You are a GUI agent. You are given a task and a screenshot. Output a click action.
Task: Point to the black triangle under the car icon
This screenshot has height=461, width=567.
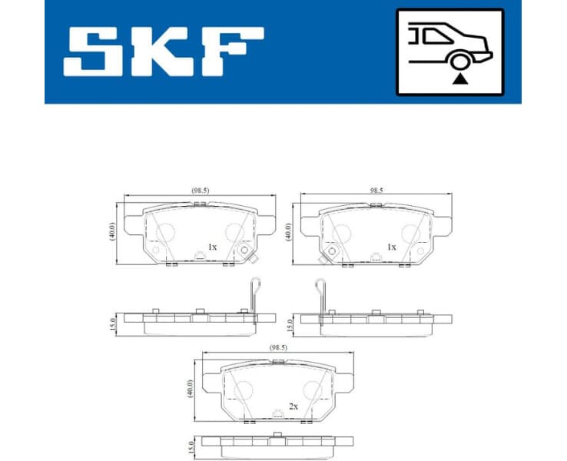click(459, 78)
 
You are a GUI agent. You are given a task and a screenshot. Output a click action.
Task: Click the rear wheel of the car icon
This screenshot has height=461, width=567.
click(459, 61)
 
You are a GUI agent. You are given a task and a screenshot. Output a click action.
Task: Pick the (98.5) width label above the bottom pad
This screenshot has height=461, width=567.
click(278, 347)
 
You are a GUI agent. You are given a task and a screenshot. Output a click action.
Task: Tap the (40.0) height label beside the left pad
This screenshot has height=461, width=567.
click(112, 230)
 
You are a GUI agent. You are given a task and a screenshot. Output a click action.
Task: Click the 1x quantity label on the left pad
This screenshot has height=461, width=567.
click(212, 247)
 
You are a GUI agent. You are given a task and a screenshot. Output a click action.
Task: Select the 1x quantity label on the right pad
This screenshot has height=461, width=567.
click(391, 247)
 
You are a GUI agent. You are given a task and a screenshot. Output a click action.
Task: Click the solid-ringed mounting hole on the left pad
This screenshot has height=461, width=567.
click(245, 250)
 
